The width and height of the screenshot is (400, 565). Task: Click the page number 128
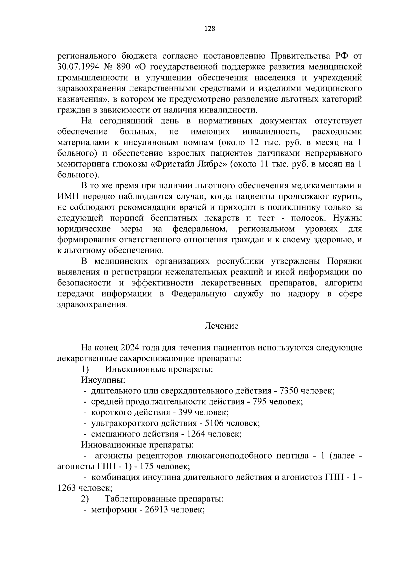coord(209,29)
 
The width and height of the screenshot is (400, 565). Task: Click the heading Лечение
coord(221,326)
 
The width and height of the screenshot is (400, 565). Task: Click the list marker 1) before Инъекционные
coord(85,369)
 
